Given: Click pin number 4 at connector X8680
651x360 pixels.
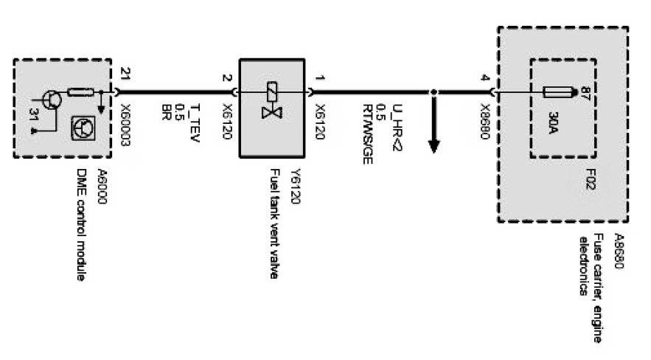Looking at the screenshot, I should [484, 77].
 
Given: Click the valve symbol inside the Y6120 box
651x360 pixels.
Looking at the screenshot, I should [270, 103].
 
